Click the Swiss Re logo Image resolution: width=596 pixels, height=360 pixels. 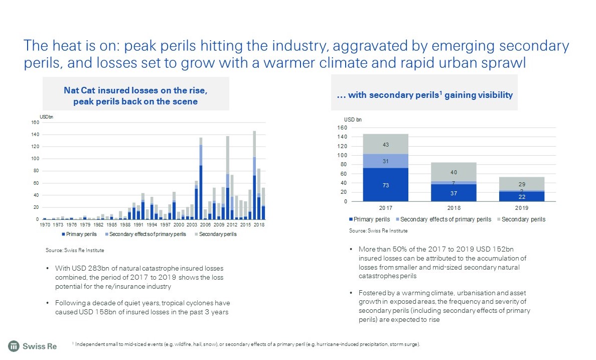(32, 346)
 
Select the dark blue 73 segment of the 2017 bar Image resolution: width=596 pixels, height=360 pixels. (386, 185)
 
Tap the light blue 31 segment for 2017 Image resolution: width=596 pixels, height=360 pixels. (386, 161)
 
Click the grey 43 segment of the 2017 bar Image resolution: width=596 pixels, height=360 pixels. (386, 144)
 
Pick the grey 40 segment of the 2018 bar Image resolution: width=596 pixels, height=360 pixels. (454, 172)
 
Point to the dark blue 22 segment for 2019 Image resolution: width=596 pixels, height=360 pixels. (522, 196)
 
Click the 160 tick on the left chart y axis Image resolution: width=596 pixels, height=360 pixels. (35, 123)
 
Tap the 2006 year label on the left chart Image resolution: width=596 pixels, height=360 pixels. (205, 225)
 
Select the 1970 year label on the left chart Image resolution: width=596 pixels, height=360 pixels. (45, 225)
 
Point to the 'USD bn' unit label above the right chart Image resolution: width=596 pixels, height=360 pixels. (353, 119)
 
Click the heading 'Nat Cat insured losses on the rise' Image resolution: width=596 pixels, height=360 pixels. (135, 90)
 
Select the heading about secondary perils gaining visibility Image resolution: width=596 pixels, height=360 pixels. (424, 95)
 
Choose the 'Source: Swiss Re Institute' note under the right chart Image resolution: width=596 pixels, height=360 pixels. (378, 231)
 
